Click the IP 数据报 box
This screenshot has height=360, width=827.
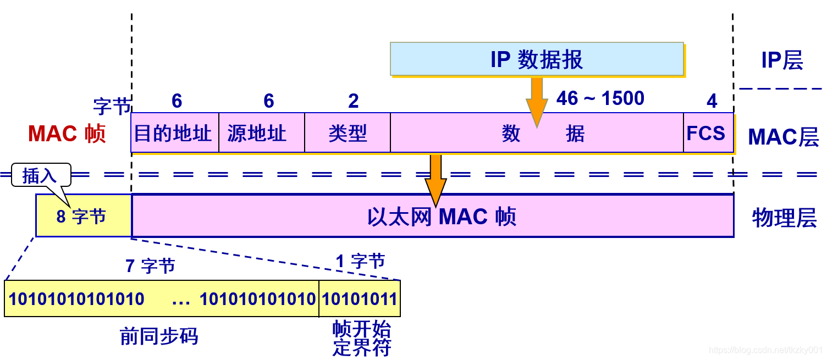[537, 59]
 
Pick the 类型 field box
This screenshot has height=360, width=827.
[348, 133]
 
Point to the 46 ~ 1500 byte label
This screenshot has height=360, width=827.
[600, 99]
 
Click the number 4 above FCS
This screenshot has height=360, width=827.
[712, 101]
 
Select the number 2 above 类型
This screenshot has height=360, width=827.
[353, 101]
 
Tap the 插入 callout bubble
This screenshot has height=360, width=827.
[41, 175]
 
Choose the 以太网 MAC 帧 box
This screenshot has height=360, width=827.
[432, 216]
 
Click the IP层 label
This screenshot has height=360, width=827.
[781, 60]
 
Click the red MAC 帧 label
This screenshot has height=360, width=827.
[67, 134]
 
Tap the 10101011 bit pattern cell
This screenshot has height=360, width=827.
[360, 299]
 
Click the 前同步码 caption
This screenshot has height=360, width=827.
[159, 336]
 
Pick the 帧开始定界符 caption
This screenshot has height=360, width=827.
[361, 339]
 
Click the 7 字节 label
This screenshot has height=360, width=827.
[150, 266]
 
